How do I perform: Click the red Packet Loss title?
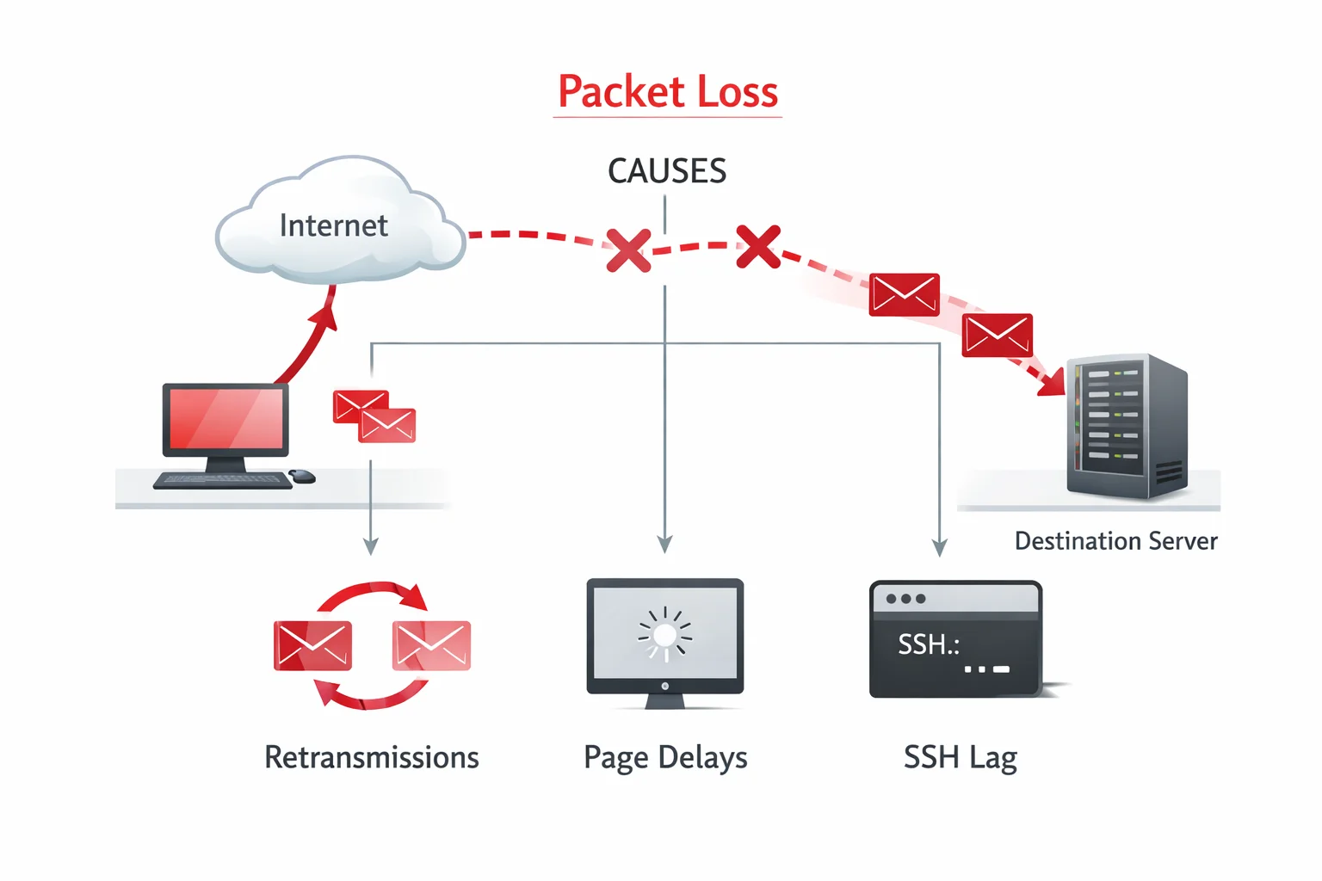668,92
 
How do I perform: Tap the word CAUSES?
667,171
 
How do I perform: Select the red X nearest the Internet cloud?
628,250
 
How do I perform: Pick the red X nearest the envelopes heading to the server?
758,247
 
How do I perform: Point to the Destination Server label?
1115,541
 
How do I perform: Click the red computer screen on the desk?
226,418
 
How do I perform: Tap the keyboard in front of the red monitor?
223,480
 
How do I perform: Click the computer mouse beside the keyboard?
302,476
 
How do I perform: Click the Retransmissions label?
371,757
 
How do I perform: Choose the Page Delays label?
665,757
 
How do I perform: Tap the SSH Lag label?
960,757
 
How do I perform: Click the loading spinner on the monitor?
664,635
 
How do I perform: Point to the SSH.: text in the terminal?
928,644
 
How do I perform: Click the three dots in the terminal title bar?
905,599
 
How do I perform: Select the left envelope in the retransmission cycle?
312,645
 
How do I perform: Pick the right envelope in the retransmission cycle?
431,645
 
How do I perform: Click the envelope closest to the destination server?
997,336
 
